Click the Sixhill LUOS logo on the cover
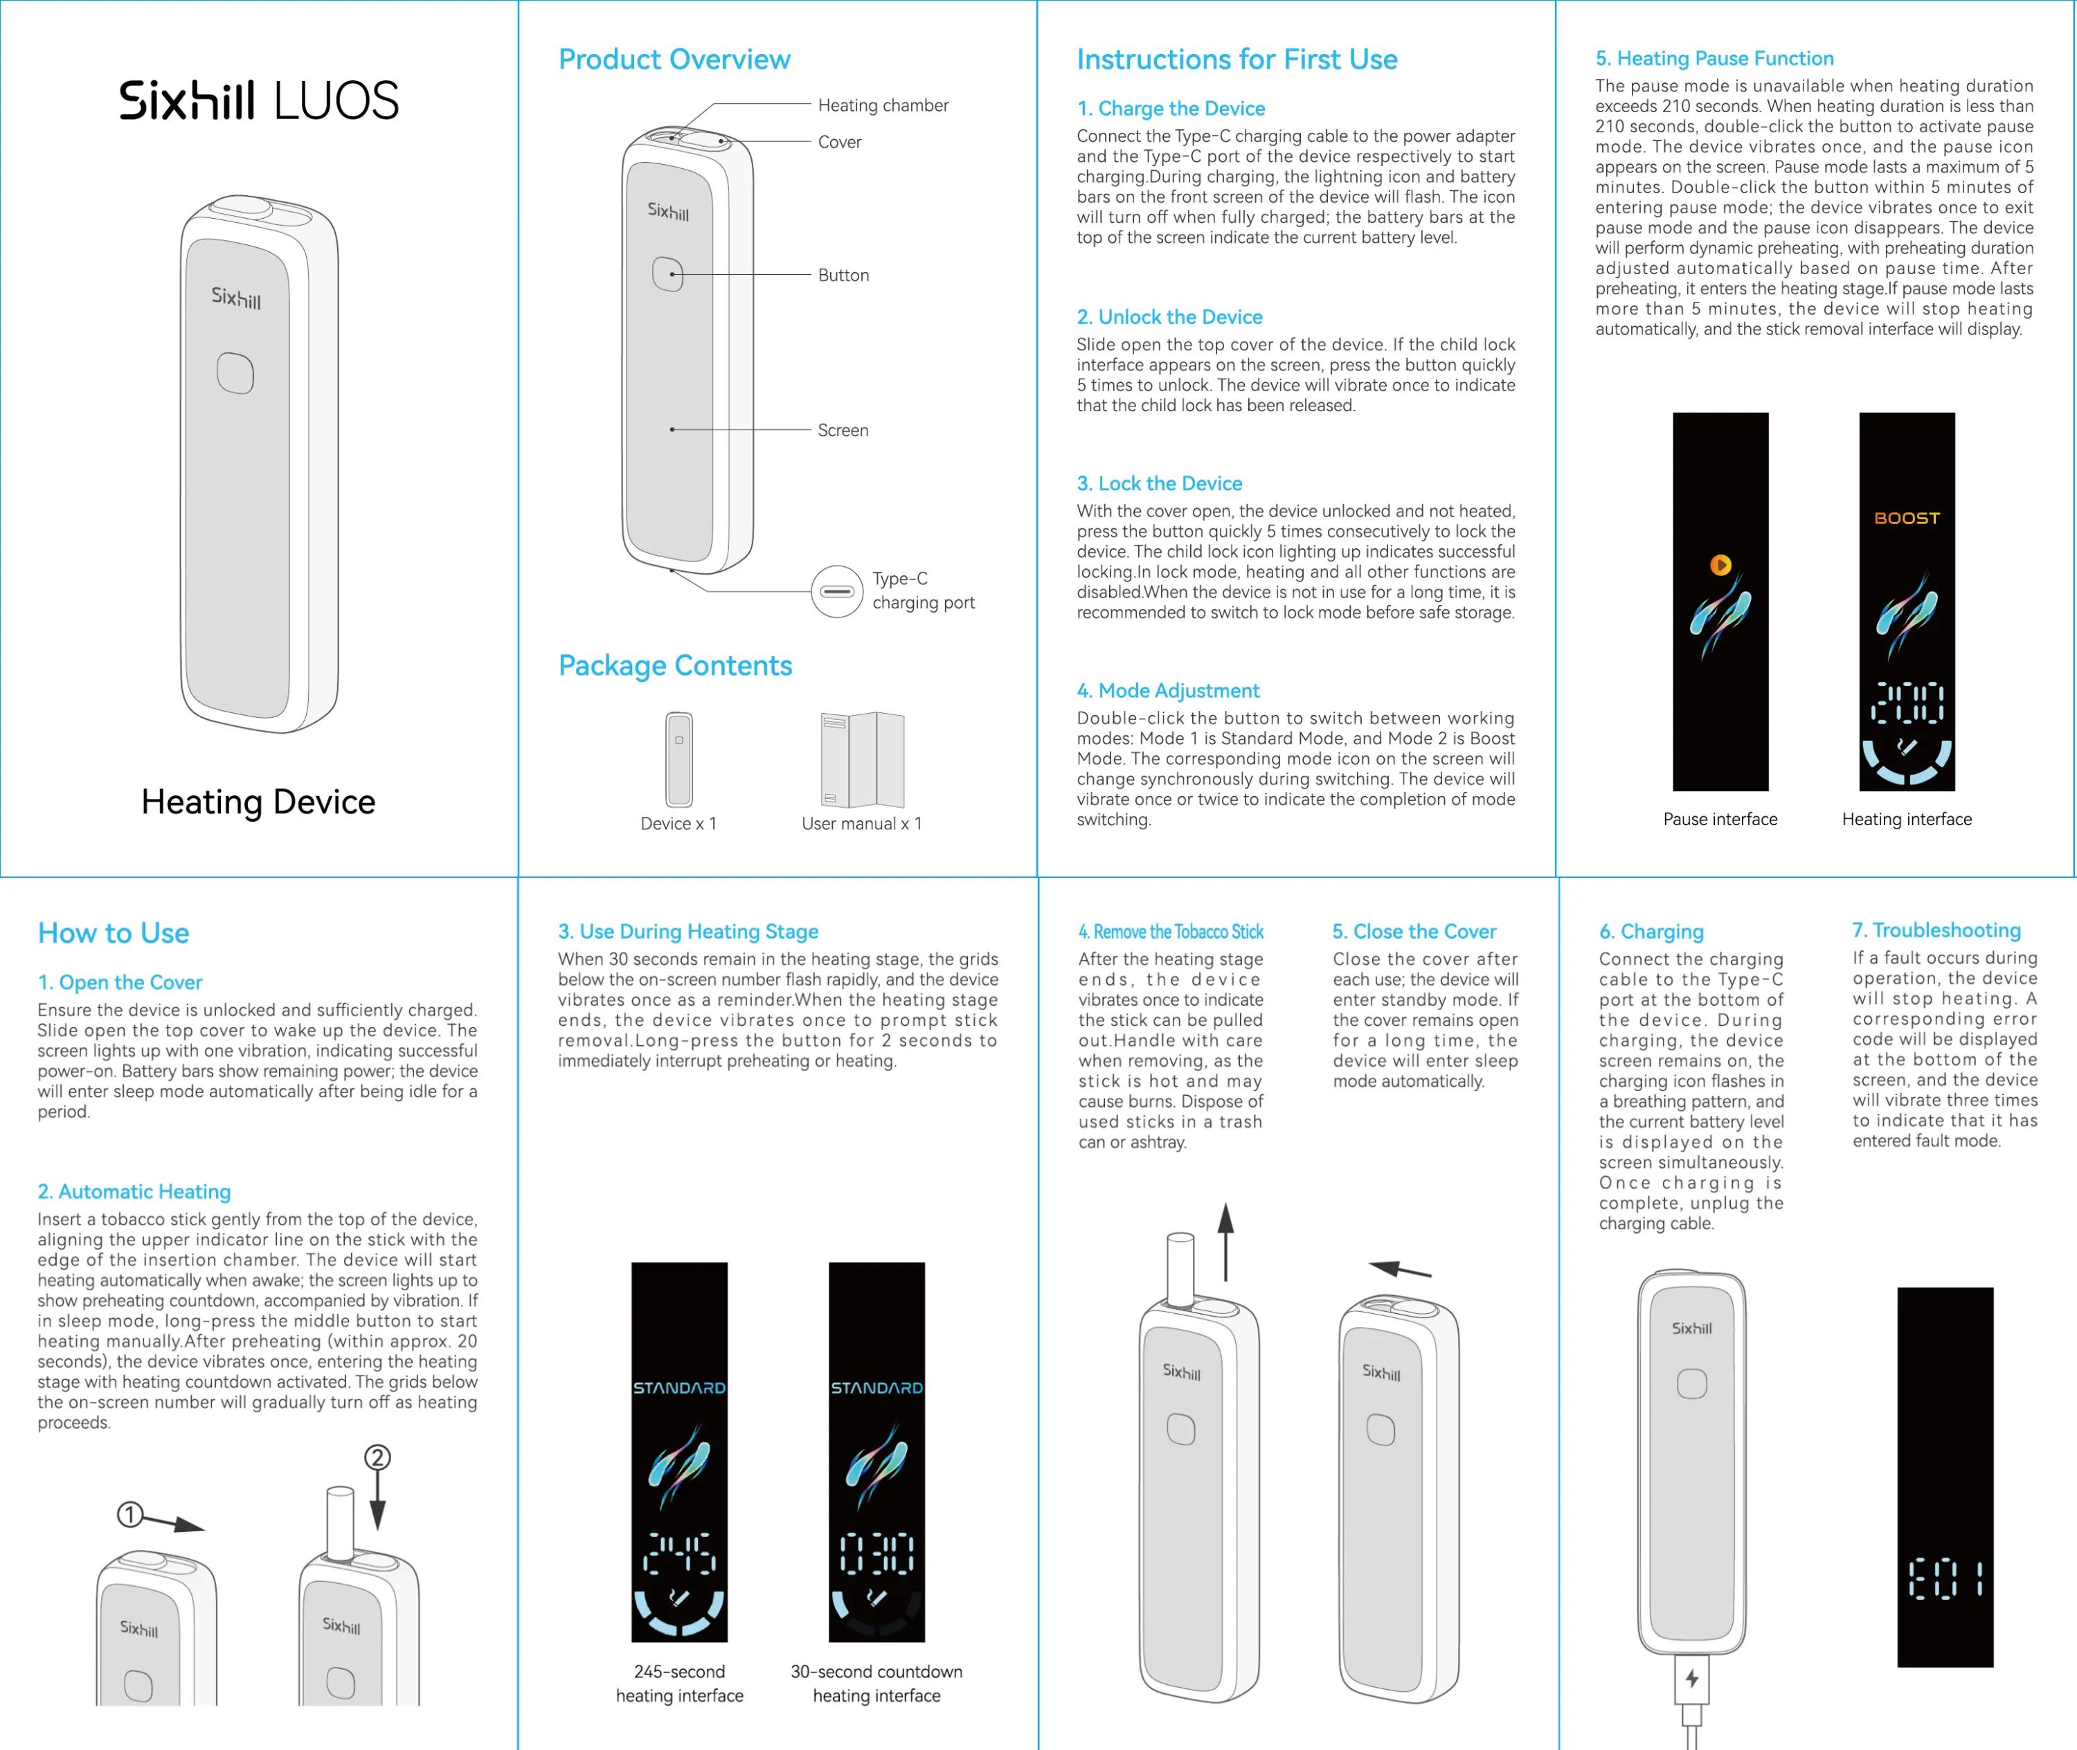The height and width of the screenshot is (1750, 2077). (259, 100)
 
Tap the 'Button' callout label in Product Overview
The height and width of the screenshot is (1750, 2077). (843, 275)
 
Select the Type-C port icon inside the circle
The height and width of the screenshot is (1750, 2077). (836, 591)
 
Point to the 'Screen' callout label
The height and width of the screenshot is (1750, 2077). (843, 430)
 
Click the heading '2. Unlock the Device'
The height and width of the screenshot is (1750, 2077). (1169, 316)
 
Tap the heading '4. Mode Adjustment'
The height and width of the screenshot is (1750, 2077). (1167, 689)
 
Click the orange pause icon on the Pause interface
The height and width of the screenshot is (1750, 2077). (1720, 564)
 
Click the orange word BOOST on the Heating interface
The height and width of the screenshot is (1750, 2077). (1906, 518)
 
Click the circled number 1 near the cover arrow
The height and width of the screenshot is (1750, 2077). (130, 1515)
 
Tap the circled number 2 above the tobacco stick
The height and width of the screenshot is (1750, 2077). (377, 1457)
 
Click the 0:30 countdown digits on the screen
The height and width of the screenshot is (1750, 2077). (876, 1553)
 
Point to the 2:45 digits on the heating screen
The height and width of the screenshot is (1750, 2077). (680, 1553)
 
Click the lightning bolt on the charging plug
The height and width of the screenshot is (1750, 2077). (1692, 1679)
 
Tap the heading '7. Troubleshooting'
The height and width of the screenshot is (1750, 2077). (1936, 930)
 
